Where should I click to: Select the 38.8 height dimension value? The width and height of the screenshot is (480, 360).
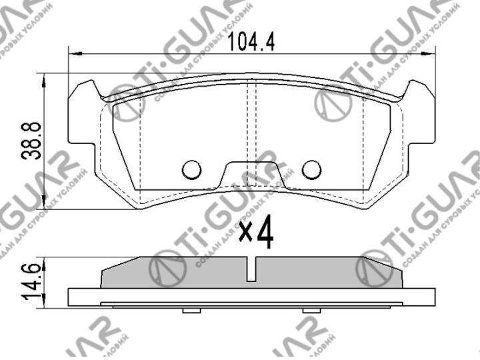[x=31, y=142]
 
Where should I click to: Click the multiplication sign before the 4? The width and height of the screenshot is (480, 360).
[x=245, y=233]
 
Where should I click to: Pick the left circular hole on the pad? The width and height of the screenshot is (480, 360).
[x=192, y=170]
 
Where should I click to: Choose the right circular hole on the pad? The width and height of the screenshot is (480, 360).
[x=311, y=170]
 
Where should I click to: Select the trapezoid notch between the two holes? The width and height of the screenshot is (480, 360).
[x=252, y=175]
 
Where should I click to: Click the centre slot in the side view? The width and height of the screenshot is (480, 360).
[x=251, y=270]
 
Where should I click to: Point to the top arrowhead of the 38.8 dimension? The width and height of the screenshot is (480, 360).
[x=45, y=77]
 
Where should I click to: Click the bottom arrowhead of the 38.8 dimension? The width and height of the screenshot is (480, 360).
[x=45, y=205]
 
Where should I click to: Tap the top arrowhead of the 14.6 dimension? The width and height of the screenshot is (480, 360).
[x=45, y=260]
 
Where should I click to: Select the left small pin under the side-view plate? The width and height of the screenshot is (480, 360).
[x=191, y=311]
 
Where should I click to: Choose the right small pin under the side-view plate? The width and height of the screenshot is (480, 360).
[x=311, y=311]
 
